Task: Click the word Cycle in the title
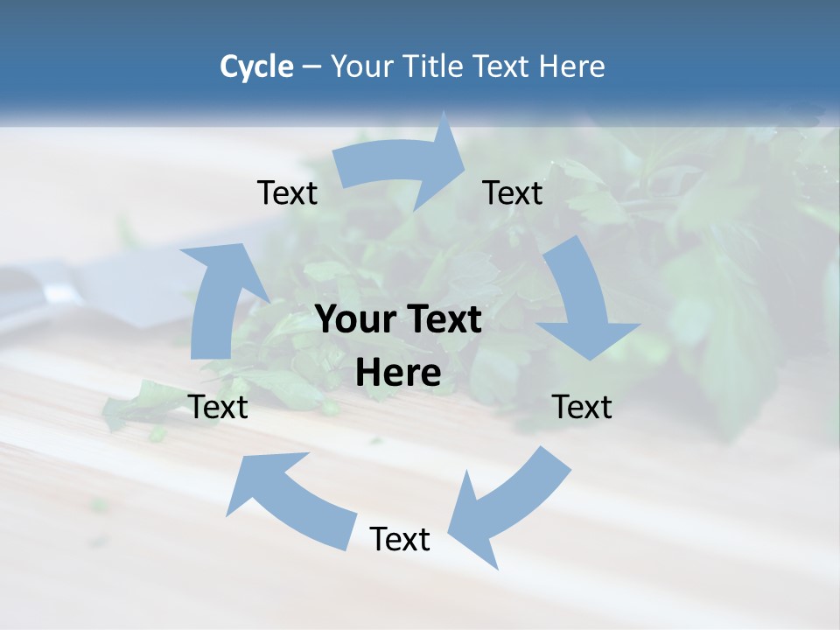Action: tap(256, 66)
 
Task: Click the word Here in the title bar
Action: tap(571, 66)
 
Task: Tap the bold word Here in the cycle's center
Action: tap(398, 374)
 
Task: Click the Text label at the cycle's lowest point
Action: tap(400, 539)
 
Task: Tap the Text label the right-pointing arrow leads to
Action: tap(513, 192)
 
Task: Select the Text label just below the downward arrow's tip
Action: tap(582, 407)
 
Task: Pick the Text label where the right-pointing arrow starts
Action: tap(287, 192)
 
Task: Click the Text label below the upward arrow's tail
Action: tap(218, 407)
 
